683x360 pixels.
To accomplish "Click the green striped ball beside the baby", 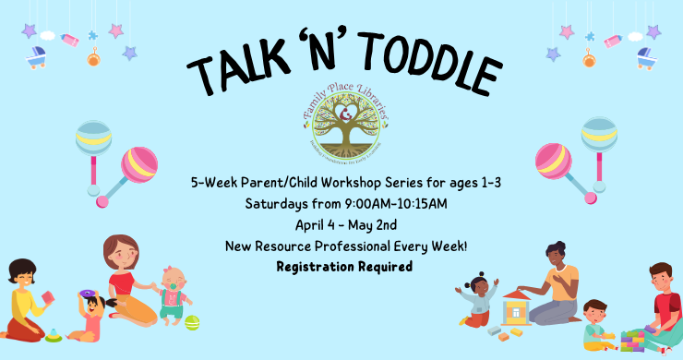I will click(192, 322).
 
